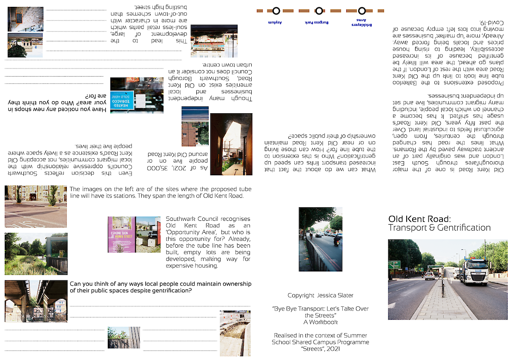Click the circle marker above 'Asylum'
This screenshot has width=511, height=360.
276,11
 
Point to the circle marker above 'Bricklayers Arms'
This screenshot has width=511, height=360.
362,11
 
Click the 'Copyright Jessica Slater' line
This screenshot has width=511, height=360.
320,295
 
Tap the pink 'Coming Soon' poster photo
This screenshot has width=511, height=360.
121,234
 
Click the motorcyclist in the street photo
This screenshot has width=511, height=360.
337,241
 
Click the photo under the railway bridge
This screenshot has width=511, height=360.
36,301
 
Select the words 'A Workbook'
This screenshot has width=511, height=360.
320,322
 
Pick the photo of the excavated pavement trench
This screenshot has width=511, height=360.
235,333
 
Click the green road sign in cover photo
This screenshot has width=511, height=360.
394,264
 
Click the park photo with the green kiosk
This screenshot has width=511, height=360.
36,254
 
